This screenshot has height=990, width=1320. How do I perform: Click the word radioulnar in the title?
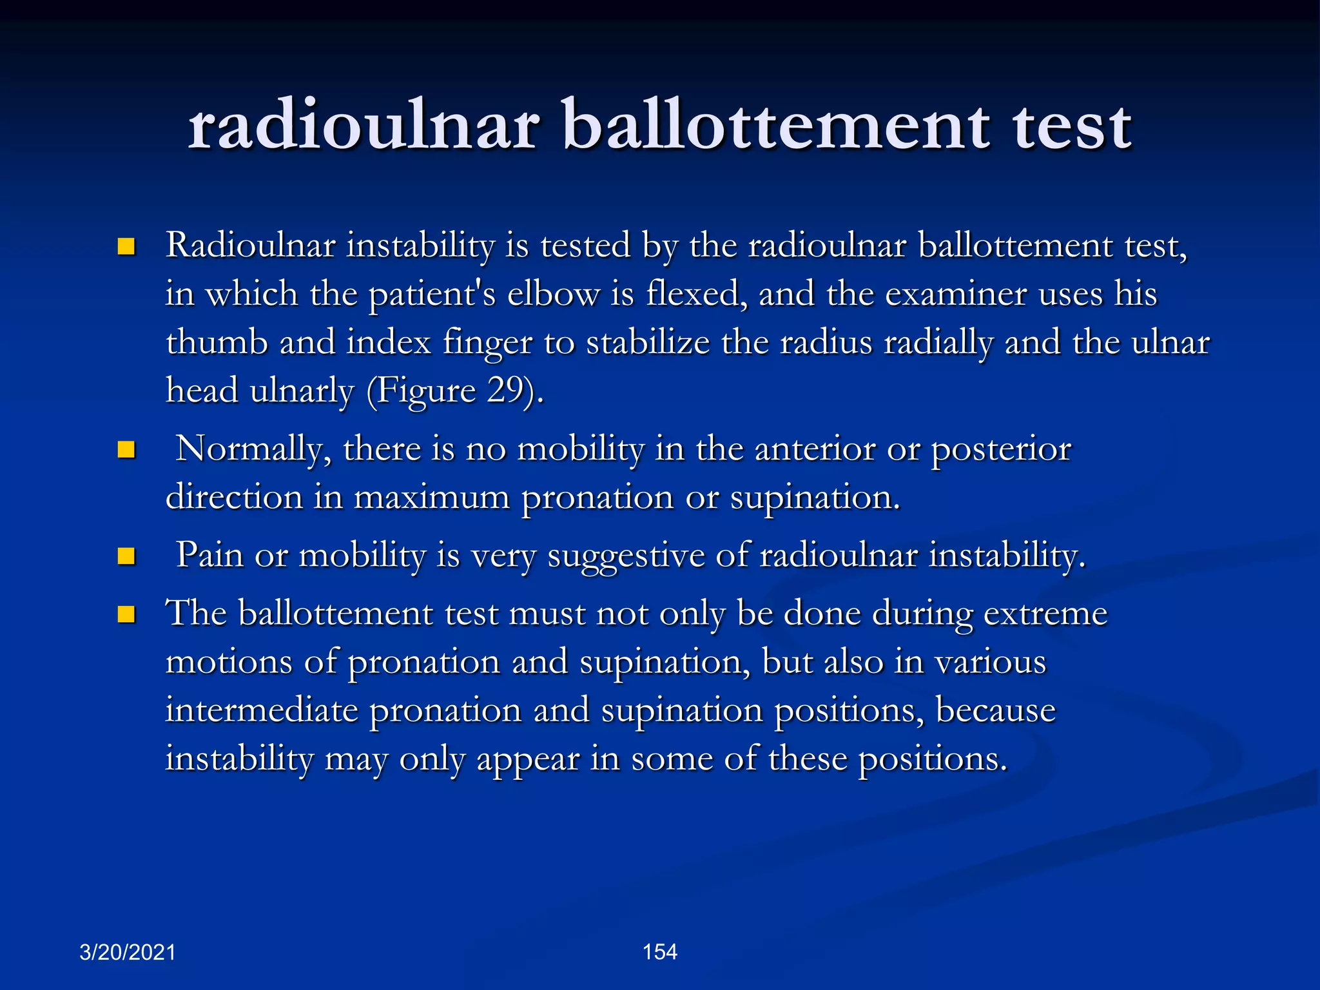(363, 126)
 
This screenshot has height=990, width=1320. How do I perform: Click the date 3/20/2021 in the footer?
(127, 952)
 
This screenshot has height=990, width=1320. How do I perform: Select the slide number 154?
(659, 951)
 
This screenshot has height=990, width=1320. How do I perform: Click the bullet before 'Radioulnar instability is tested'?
(126, 247)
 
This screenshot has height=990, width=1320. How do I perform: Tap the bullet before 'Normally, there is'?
(126, 450)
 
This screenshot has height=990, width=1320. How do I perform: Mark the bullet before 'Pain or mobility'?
(126, 556)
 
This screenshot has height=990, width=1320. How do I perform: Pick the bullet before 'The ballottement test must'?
(126, 614)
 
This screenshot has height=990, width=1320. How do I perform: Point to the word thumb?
(217, 342)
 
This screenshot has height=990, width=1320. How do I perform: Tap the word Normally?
(254, 449)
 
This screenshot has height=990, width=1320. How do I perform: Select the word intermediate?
(261, 710)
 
